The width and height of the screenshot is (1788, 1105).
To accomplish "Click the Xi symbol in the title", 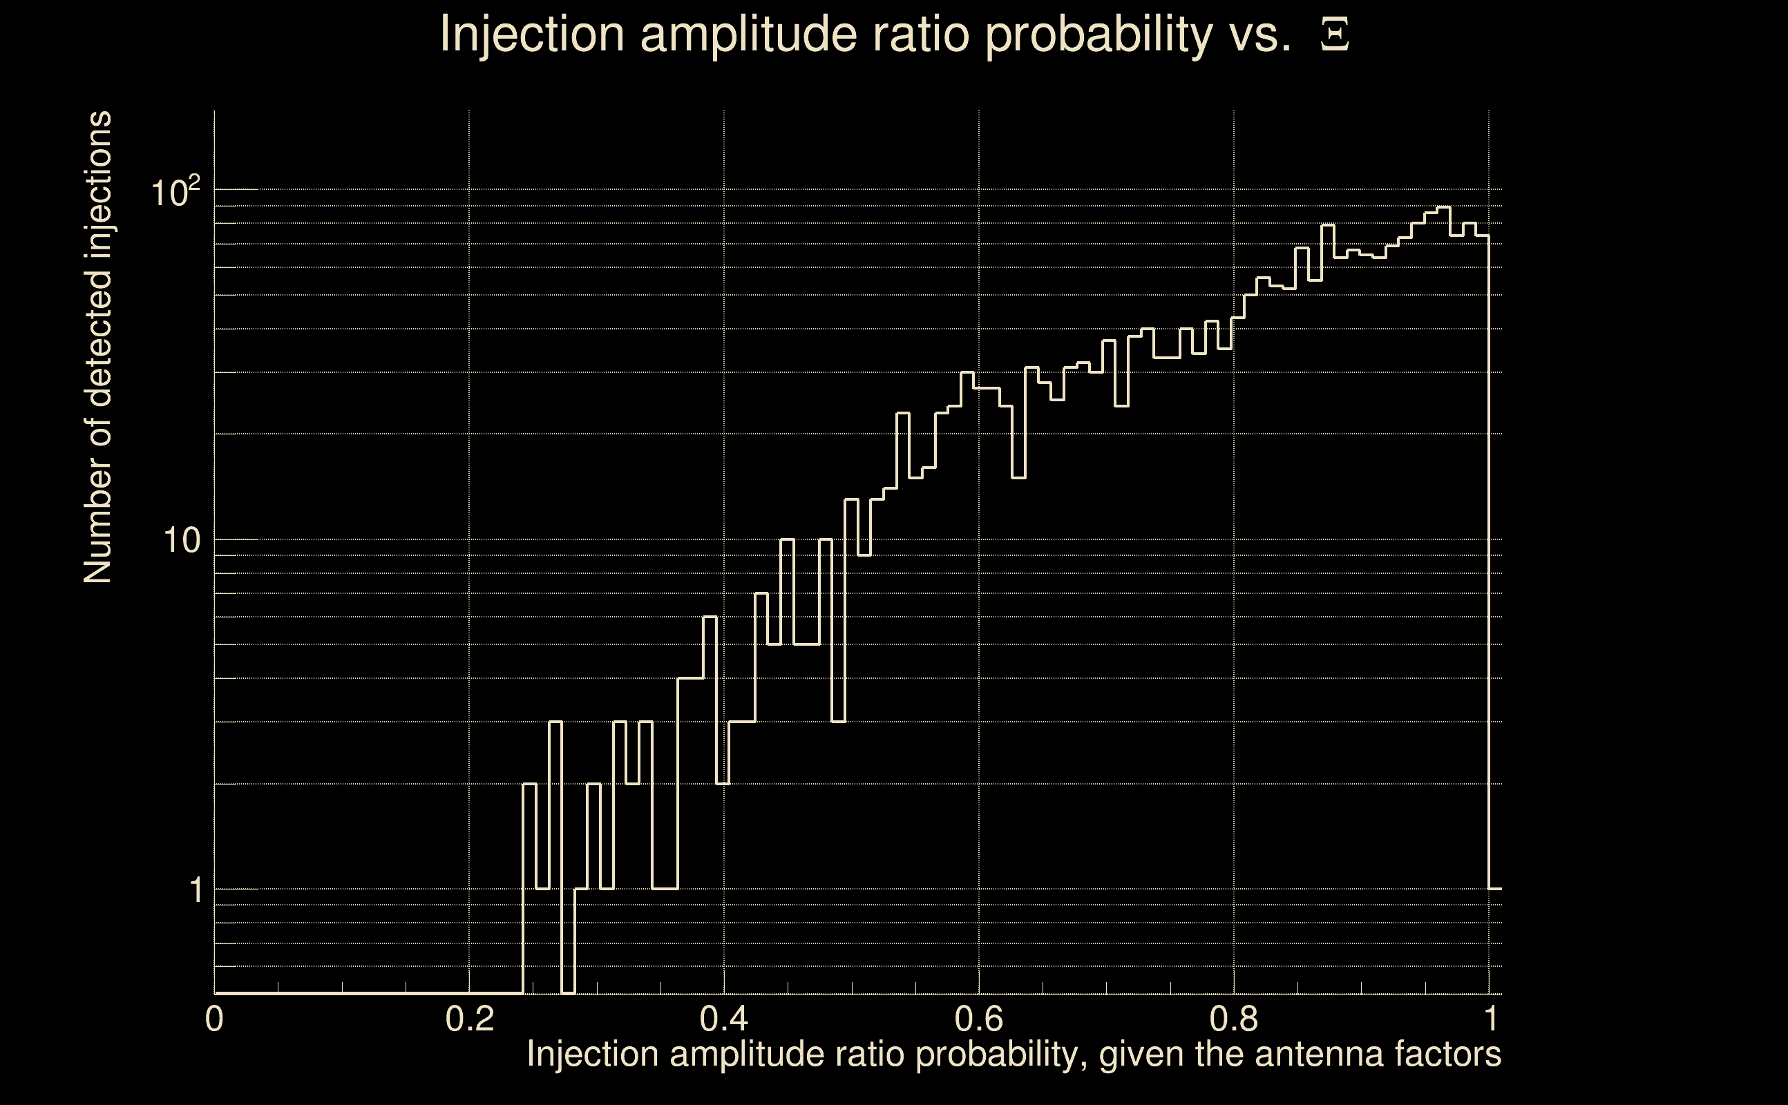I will tap(1334, 35).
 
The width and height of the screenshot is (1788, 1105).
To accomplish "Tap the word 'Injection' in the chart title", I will tap(533, 35).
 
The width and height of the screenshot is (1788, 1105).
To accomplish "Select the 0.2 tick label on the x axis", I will tap(470, 1019).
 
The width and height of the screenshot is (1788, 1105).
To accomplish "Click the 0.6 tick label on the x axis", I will tap(980, 1019).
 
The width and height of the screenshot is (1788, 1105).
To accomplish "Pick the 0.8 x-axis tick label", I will tap(1234, 1019).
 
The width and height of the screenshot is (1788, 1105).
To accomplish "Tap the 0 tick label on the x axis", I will tap(214, 1019).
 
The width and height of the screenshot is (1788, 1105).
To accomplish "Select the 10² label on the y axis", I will tap(175, 193).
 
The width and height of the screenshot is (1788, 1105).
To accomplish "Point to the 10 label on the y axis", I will tap(181, 541).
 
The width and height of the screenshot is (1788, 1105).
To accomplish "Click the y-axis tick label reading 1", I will tap(196, 891).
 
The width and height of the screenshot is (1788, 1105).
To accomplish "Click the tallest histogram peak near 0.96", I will tap(1443, 209).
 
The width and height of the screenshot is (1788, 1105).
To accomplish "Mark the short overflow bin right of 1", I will tap(1496, 889).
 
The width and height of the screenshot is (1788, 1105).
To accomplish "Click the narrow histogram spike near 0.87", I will tap(1327, 226).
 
